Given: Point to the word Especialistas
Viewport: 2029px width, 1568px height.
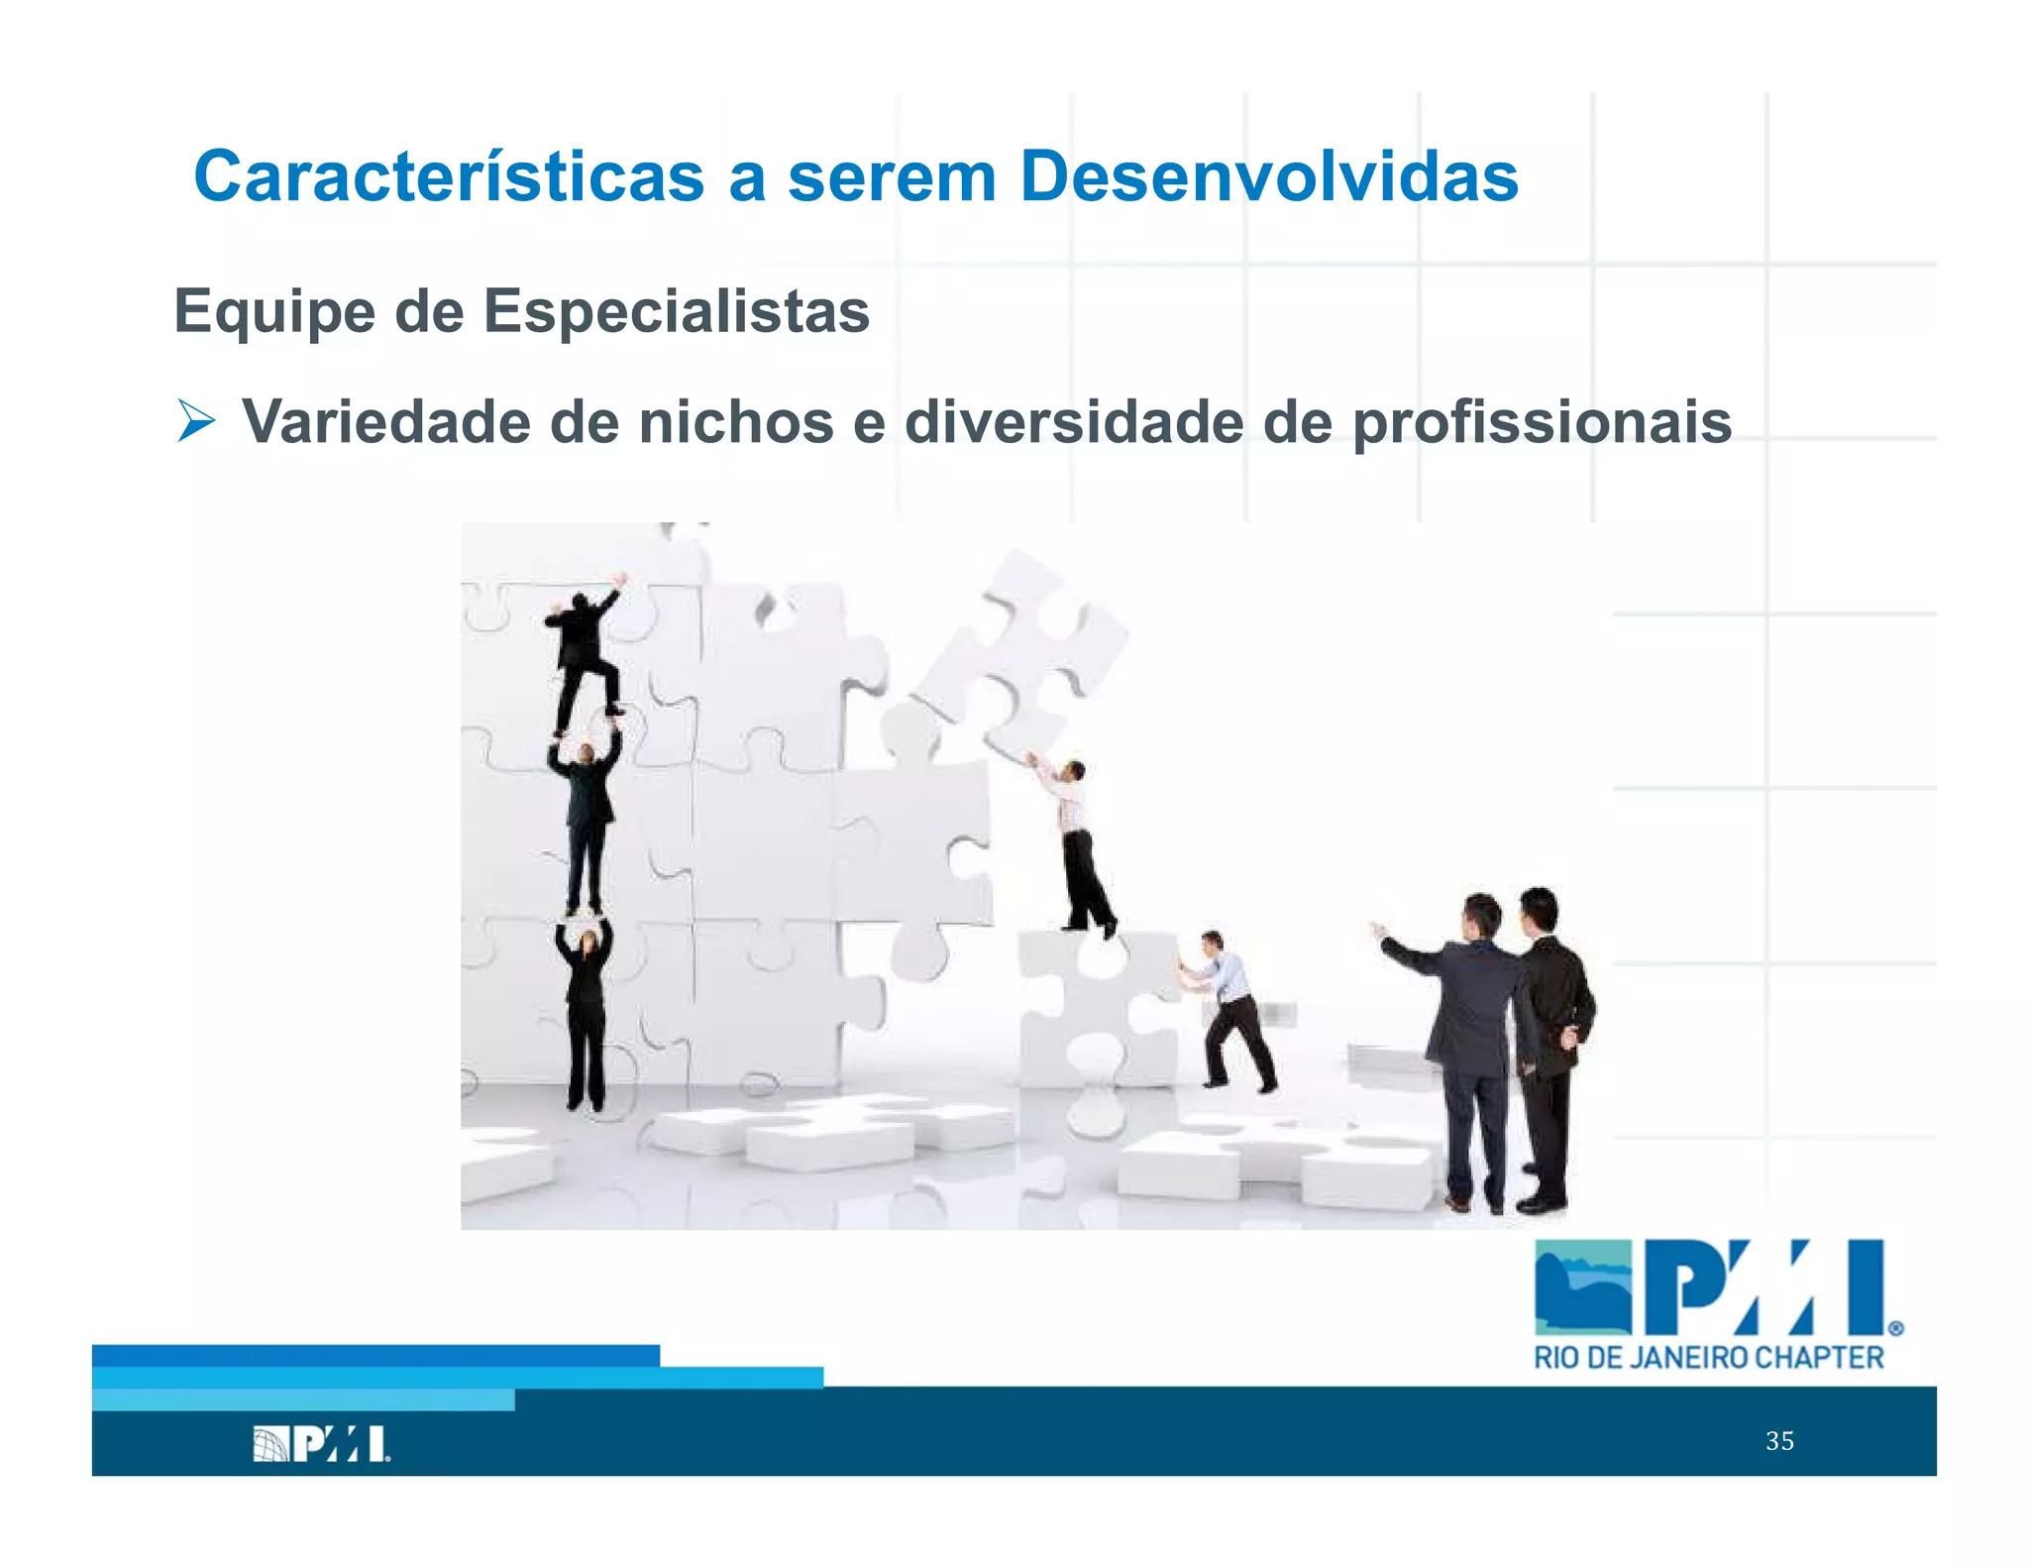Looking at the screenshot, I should tap(676, 311).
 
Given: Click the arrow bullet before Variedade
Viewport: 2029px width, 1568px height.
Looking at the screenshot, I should tap(196, 421).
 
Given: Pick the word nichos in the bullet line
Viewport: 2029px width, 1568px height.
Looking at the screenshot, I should tap(736, 422).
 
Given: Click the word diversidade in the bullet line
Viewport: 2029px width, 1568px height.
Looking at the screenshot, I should tap(1073, 422).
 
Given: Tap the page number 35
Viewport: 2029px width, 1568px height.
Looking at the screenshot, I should tap(1779, 1441).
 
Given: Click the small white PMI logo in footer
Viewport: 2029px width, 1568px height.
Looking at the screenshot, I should tap(321, 1444).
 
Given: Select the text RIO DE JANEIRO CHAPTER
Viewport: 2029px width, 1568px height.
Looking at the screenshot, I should tap(1708, 1358).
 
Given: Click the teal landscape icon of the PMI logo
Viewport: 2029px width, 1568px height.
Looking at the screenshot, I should tap(1582, 1287).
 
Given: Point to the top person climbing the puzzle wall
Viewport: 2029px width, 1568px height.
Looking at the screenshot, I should tap(587, 649).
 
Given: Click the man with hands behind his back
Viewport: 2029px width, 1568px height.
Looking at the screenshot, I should tap(1550, 1041).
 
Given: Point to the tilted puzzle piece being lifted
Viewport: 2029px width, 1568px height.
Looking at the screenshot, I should tap(1020, 654).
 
